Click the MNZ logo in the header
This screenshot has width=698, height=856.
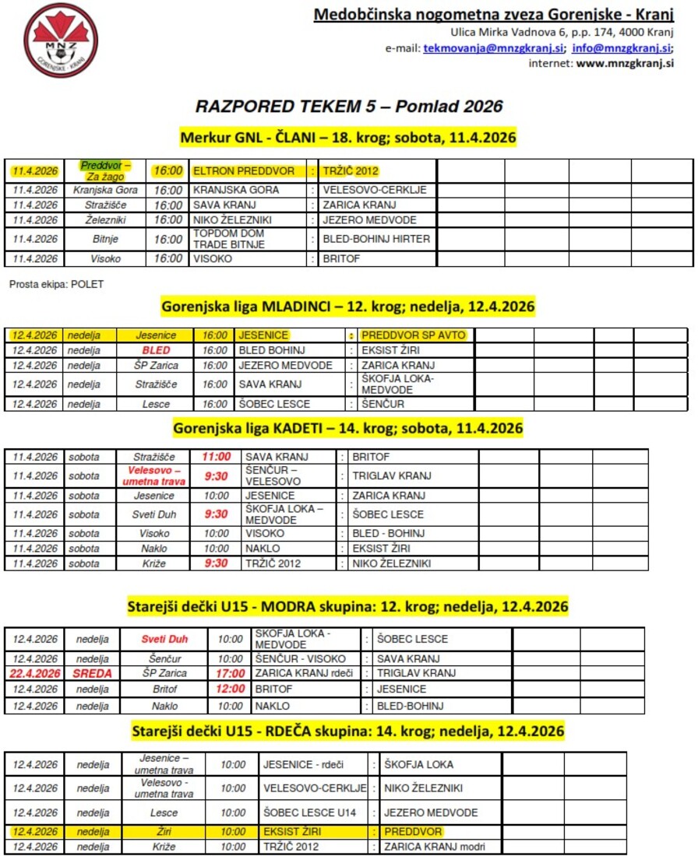point(61,40)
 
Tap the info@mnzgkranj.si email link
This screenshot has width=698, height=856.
point(621,47)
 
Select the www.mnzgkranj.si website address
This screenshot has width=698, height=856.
point(625,64)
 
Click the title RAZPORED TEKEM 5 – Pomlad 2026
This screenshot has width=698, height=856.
point(349,107)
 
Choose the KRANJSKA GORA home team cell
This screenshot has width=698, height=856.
point(236,190)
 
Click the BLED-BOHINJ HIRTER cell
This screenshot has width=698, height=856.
point(376,239)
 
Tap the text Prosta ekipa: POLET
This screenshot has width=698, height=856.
point(56,285)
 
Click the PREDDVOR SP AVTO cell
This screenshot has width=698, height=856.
point(413,335)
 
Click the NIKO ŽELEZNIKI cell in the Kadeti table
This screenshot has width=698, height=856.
point(391,563)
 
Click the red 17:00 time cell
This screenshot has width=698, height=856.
point(231,673)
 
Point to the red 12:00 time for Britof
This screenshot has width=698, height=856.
point(231,689)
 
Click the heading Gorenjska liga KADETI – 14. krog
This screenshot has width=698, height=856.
point(347,428)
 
